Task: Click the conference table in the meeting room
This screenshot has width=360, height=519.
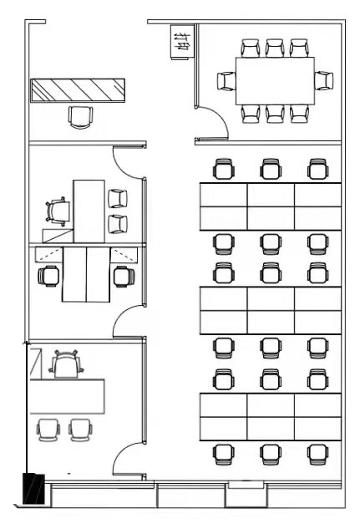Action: [275, 80]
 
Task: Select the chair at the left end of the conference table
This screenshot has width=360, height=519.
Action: [226, 81]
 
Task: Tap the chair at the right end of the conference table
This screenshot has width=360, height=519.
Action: [324, 81]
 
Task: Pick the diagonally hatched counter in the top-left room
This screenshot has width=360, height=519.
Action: [78, 90]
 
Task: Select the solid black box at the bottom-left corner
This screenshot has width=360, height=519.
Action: [33, 489]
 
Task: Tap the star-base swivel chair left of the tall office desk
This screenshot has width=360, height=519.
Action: [57, 210]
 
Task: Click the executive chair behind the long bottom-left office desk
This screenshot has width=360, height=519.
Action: [66, 364]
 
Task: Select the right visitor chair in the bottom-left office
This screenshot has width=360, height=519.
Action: [80, 430]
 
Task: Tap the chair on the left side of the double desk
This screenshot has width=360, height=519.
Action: [50, 275]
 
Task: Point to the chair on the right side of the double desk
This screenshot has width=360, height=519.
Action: [123, 275]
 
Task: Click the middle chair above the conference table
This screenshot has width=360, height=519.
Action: [275, 48]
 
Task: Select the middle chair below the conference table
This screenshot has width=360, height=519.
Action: [275, 114]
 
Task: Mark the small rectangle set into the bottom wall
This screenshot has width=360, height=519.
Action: [246, 484]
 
